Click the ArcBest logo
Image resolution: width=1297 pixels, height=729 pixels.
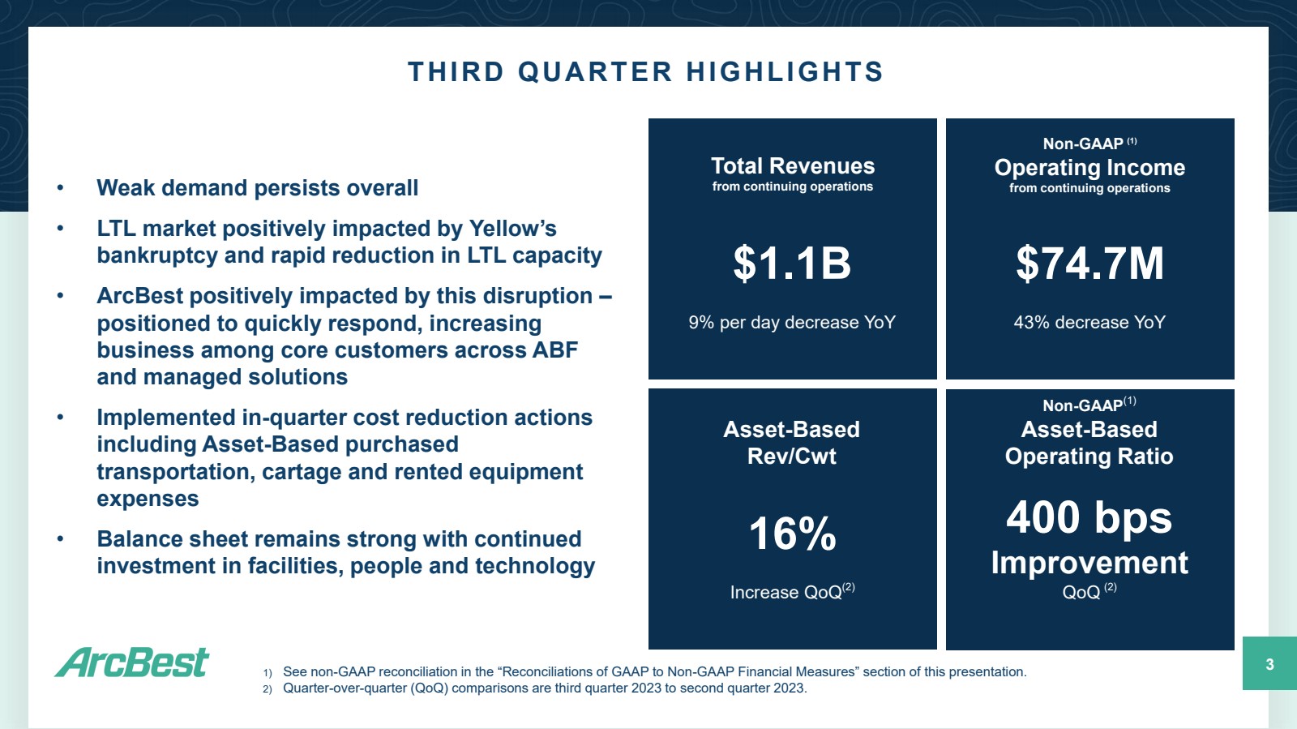coord(132,663)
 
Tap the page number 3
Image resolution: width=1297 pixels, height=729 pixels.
coord(1269,664)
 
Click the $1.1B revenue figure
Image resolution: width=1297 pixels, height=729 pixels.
coord(792,264)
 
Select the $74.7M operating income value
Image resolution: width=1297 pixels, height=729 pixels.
coord(1089,264)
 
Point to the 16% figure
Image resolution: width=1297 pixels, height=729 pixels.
coord(792,534)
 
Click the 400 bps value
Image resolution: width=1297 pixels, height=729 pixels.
coord(1089,517)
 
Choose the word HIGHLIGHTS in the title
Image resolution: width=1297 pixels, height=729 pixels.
coord(785,72)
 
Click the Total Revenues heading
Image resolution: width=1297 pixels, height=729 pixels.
coord(792,166)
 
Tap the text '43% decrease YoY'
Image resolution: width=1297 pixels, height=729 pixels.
coord(1089,323)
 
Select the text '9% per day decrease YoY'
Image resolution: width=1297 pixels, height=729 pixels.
coord(792,323)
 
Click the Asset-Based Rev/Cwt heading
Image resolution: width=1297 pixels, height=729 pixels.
coord(791,443)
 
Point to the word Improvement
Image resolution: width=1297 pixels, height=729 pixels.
coord(1089,563)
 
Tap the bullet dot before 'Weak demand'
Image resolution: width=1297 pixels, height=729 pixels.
coord(60,188)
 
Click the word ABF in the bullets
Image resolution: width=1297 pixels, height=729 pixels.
coord(554,350)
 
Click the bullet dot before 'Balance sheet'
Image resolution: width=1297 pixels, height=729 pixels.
coord(60,539)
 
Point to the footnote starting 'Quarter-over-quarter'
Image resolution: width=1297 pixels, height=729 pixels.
coord(544,688)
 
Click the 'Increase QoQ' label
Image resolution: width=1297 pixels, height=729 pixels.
coord(785,593)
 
